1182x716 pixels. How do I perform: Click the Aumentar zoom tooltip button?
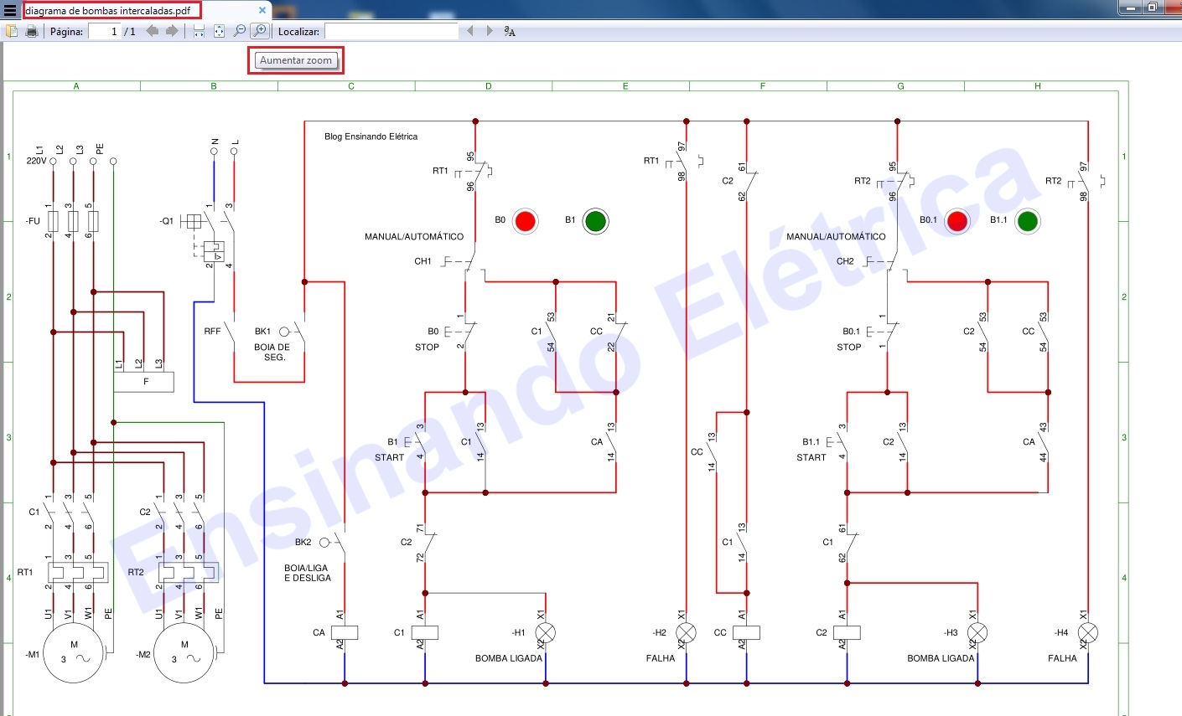pyautogui.click(x=296, y=60)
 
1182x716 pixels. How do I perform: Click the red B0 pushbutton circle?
pyautogui.click(x=525, y=221)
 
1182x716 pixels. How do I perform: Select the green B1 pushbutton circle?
pyautogui.click(x=595, y=221)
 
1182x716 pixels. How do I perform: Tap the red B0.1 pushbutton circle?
pyautogui.click(x=956, y=221)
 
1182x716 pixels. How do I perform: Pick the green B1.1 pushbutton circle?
pyautogui.click(x=1027, y=221)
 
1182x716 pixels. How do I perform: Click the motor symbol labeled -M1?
pyautogui.click(x=74, y=653)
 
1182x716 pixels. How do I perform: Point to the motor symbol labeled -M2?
pyautogui.click(x=185, y=653)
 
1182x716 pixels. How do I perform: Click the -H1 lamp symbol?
pyautogui.click(x=546, y=632)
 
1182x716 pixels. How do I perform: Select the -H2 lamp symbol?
pyautogui.click(x=686, y=632)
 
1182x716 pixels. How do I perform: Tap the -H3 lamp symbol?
pyautogui.click(x=977, y=632)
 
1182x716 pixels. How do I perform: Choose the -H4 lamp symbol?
pyautogui.click(x=1088, y=632)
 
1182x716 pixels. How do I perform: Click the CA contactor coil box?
pyautogui.click(x=345, y=632)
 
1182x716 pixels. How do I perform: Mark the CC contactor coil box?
pyautogui.click(x=746, y=632)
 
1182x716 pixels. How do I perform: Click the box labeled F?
pyautogui.click(x=144, y=382)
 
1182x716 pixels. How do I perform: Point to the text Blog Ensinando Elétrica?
pyautogui.click(x=371, y=137)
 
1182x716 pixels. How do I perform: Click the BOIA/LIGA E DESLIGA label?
pyautogui.click(x=307, y=573)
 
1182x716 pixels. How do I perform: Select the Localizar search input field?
pyautogui.click(x=391, y=31)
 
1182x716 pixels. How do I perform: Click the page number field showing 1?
pyautogui.click(x=104, y=31)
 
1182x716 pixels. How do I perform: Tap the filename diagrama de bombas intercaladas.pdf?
pyautogui.click(x=108, y=11)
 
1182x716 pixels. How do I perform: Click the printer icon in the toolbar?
pyautogui.click(x=32, y=31)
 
